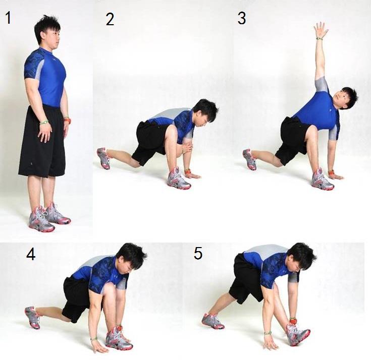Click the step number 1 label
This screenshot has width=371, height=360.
coord(8,18)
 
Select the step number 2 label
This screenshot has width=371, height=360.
coord(110,20)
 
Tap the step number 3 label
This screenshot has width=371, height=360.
coord(242,18)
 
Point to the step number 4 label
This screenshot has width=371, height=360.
coord(31,255)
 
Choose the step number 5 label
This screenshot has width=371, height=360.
coord(198,253)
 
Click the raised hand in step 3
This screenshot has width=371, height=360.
coord(321,30)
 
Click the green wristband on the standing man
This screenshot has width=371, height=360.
coord(44,122)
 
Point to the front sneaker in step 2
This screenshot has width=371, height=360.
coord(178,179)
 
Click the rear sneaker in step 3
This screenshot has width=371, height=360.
coord(249,159)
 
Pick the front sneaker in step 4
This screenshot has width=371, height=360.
coord(118,338)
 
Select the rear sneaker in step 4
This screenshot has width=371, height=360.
coord(33,317)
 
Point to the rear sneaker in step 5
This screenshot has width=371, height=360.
coord(213,321)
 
